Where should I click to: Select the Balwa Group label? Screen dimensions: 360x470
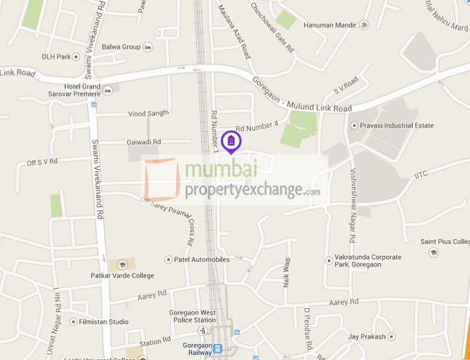pos(121,47)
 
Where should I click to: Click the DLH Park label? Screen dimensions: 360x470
pos(56,57)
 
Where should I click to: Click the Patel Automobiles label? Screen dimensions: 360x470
pos(202,259)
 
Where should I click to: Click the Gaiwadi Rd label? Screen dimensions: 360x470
pos(144,142)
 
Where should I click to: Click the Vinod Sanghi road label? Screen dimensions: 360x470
pos(148,114)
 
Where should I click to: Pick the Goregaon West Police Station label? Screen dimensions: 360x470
pos(193,316)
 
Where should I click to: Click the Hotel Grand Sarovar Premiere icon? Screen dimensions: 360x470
pos(107,90)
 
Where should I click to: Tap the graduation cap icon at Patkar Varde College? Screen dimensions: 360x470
pos(122,265)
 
